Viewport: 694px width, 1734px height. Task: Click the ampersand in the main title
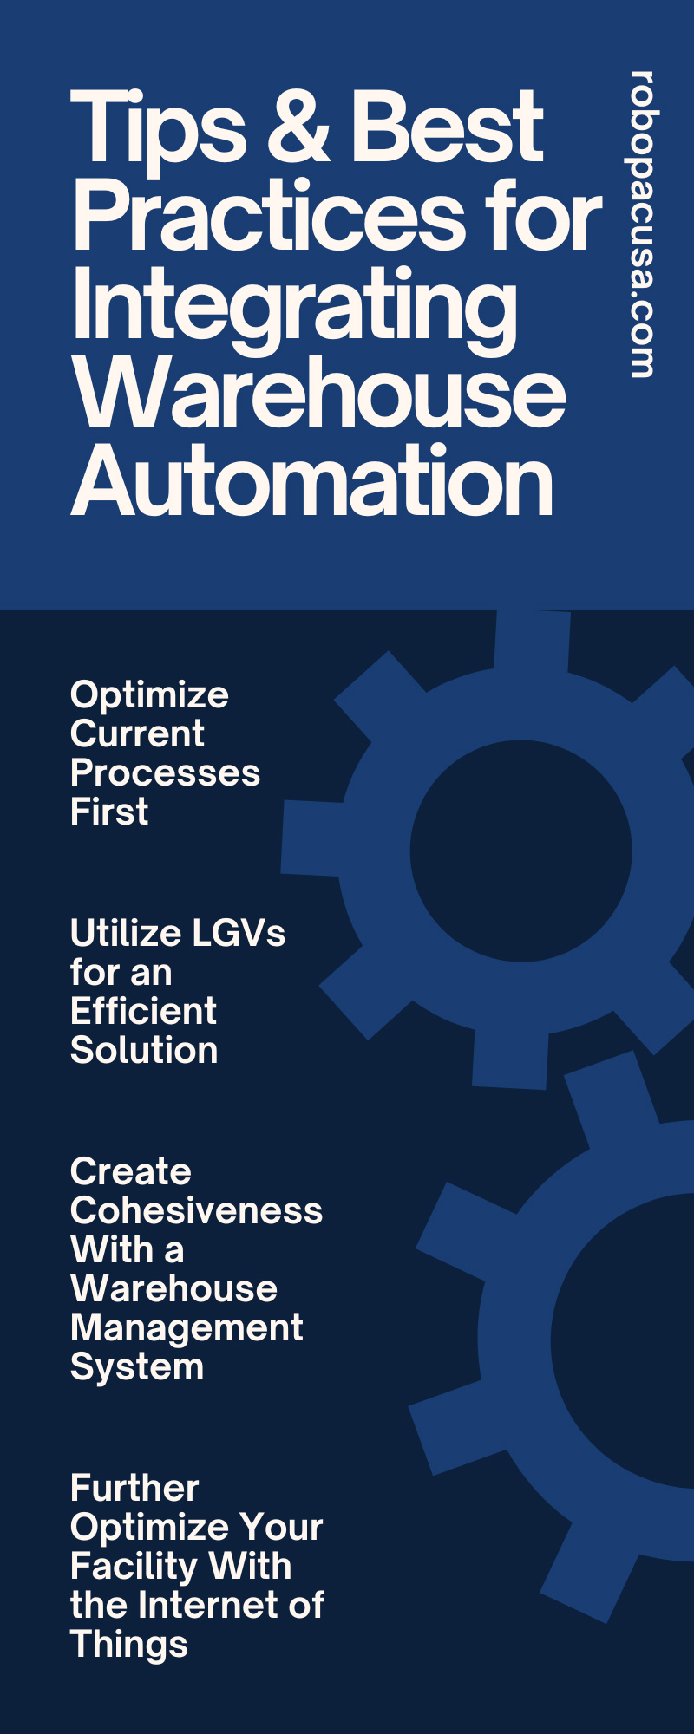pyautogui.click(x=298, y=128)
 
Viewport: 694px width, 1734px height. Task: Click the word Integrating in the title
pyautogui.click(x=295, y=305)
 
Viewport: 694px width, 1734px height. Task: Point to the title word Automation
pyautogui.click(x=312, y=481)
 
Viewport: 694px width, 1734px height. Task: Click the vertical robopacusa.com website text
pyautogui.click(x=641, y=224)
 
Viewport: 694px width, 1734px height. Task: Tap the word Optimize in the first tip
pyautogui.click(x=149, y=695)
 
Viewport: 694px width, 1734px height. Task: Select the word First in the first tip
pyautogui.click(x=109, y=812)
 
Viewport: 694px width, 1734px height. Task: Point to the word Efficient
pyautogui.click(x=143, y=1011)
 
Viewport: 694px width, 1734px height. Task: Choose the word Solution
pyautogui.click(x=144, y=1050)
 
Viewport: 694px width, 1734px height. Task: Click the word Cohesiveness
pyautogui.click(x=196, y=1211)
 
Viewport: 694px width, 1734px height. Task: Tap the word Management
pyautogui.click(x=187, y=1328)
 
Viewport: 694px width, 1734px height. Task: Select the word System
pyautogui.click(x=137, y=1367)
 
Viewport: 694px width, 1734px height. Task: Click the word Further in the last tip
pyautogui.click(x=134, y=1489)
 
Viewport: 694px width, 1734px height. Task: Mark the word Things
pyautogui.click(x=129, y=1645)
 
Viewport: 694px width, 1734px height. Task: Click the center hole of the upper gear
pyautogui.click(x=520, y=851)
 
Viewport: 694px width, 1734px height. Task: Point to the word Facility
pyautogui.click(x=133, y=1567)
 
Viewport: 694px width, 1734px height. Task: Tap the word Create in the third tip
pyautogui.click(x=130, y=1172)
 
